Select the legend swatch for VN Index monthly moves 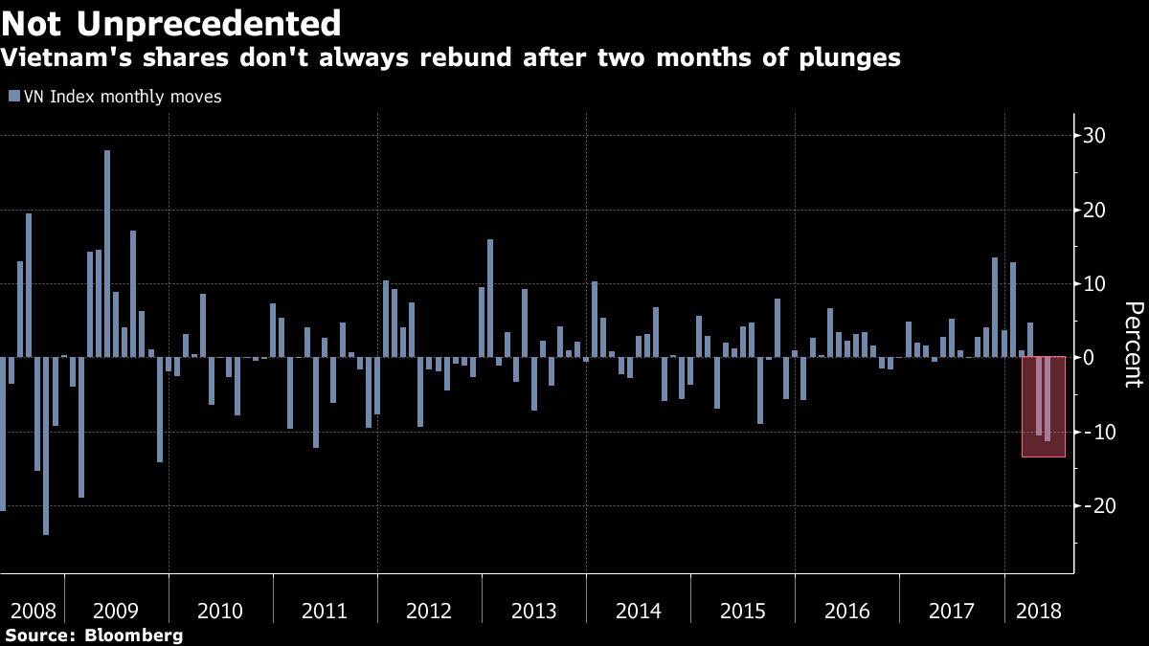(x=13, y=97)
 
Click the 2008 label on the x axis (x=33, y=611)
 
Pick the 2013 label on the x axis (x=533, y=611)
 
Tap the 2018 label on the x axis (x=1038, y=611)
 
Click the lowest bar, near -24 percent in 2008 (x=46, y=445)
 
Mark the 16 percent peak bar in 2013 (x=490, y=298)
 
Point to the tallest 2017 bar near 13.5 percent (x=995, y=307)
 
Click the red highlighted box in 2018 (x=1043, y=406)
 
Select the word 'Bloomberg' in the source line (x=134, y=635)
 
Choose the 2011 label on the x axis (x=325, y=611)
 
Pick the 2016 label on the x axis (x=846, y=611)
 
